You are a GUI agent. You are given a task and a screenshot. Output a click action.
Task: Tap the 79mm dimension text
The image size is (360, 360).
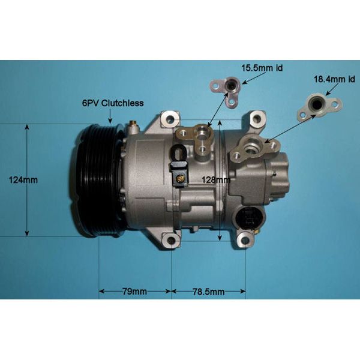coord(134,292)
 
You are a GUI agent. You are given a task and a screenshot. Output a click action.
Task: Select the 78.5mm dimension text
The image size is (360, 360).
coord(209,292)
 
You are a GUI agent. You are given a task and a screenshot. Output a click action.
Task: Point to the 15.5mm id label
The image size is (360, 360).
coord(262,68)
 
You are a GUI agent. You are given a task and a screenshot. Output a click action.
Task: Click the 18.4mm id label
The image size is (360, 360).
coord(329,79)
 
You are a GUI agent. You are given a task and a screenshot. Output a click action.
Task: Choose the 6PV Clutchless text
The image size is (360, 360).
coord(113,103)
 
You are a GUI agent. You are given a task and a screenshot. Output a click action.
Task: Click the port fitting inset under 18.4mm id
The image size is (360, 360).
coord(318,106)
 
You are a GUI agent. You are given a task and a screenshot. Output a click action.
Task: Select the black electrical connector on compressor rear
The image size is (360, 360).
coord(251,217)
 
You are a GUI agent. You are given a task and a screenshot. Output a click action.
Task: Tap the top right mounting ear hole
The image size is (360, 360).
coord(258,118)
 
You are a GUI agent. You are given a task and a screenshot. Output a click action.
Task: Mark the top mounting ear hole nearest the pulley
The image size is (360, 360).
coord(169,118)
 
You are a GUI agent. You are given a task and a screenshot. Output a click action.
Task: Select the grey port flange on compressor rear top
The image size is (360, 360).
coord(251,147)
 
